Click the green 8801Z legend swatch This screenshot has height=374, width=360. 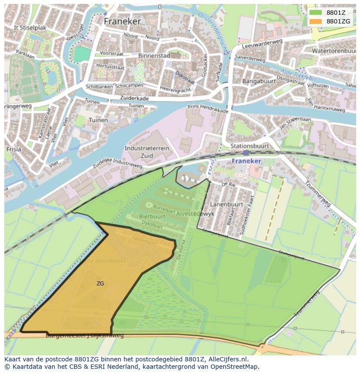point(316,13)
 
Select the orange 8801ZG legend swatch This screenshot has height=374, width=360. point(316,21)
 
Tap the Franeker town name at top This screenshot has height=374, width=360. point(122,21)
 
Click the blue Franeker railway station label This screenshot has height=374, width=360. point(246,161)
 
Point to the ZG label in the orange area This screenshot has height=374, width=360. point(100,284)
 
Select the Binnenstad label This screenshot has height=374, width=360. point(154,56)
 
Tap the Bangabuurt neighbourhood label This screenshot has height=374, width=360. point(259,81)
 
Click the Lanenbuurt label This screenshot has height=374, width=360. point(227,204)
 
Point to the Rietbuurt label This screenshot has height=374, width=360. point(152,216)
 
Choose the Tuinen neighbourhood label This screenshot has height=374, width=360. point(98,120)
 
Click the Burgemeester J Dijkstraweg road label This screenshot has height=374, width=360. point(85,335)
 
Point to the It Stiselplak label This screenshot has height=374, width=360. point(30,27)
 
